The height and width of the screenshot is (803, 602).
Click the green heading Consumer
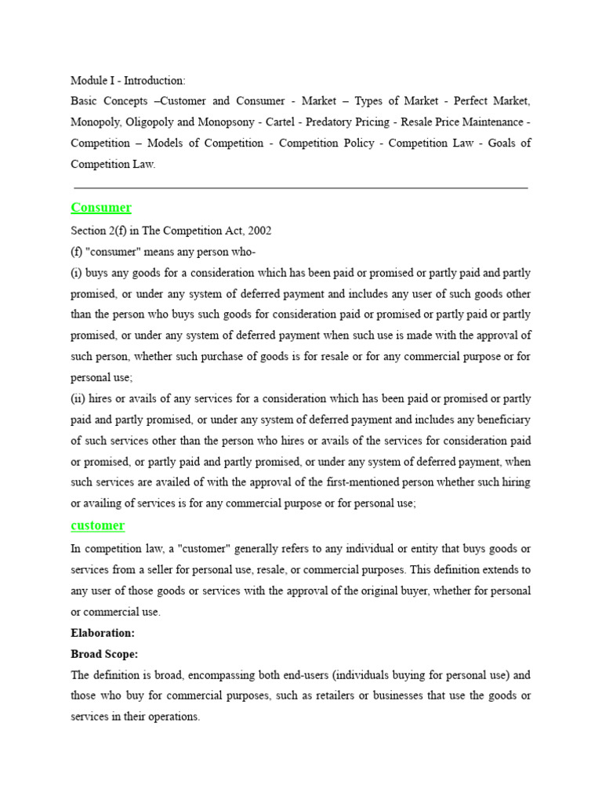(101, 208)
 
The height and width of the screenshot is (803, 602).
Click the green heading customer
(97, 525)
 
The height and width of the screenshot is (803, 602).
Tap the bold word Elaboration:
(103, 632)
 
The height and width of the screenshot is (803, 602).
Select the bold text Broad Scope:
(104, 653)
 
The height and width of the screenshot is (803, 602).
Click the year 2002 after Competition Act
(259, 231)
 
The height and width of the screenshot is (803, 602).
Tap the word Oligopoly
(151, 122)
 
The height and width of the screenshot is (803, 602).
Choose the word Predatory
(329, 122)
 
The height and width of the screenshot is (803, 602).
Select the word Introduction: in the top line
(156, 80)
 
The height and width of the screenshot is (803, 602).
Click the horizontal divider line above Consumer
(300, 188)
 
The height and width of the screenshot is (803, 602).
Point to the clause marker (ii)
(78, 399)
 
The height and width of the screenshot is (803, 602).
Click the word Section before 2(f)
(89, 231)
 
